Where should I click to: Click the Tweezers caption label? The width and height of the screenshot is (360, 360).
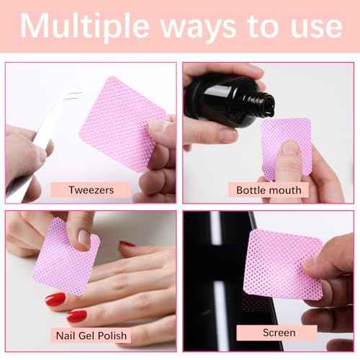(90, 190)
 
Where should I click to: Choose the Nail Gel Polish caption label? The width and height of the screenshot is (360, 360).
(92, 335)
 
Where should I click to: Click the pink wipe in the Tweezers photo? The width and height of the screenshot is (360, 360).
(119, 122)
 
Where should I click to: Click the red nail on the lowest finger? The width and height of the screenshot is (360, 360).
(76, 315)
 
